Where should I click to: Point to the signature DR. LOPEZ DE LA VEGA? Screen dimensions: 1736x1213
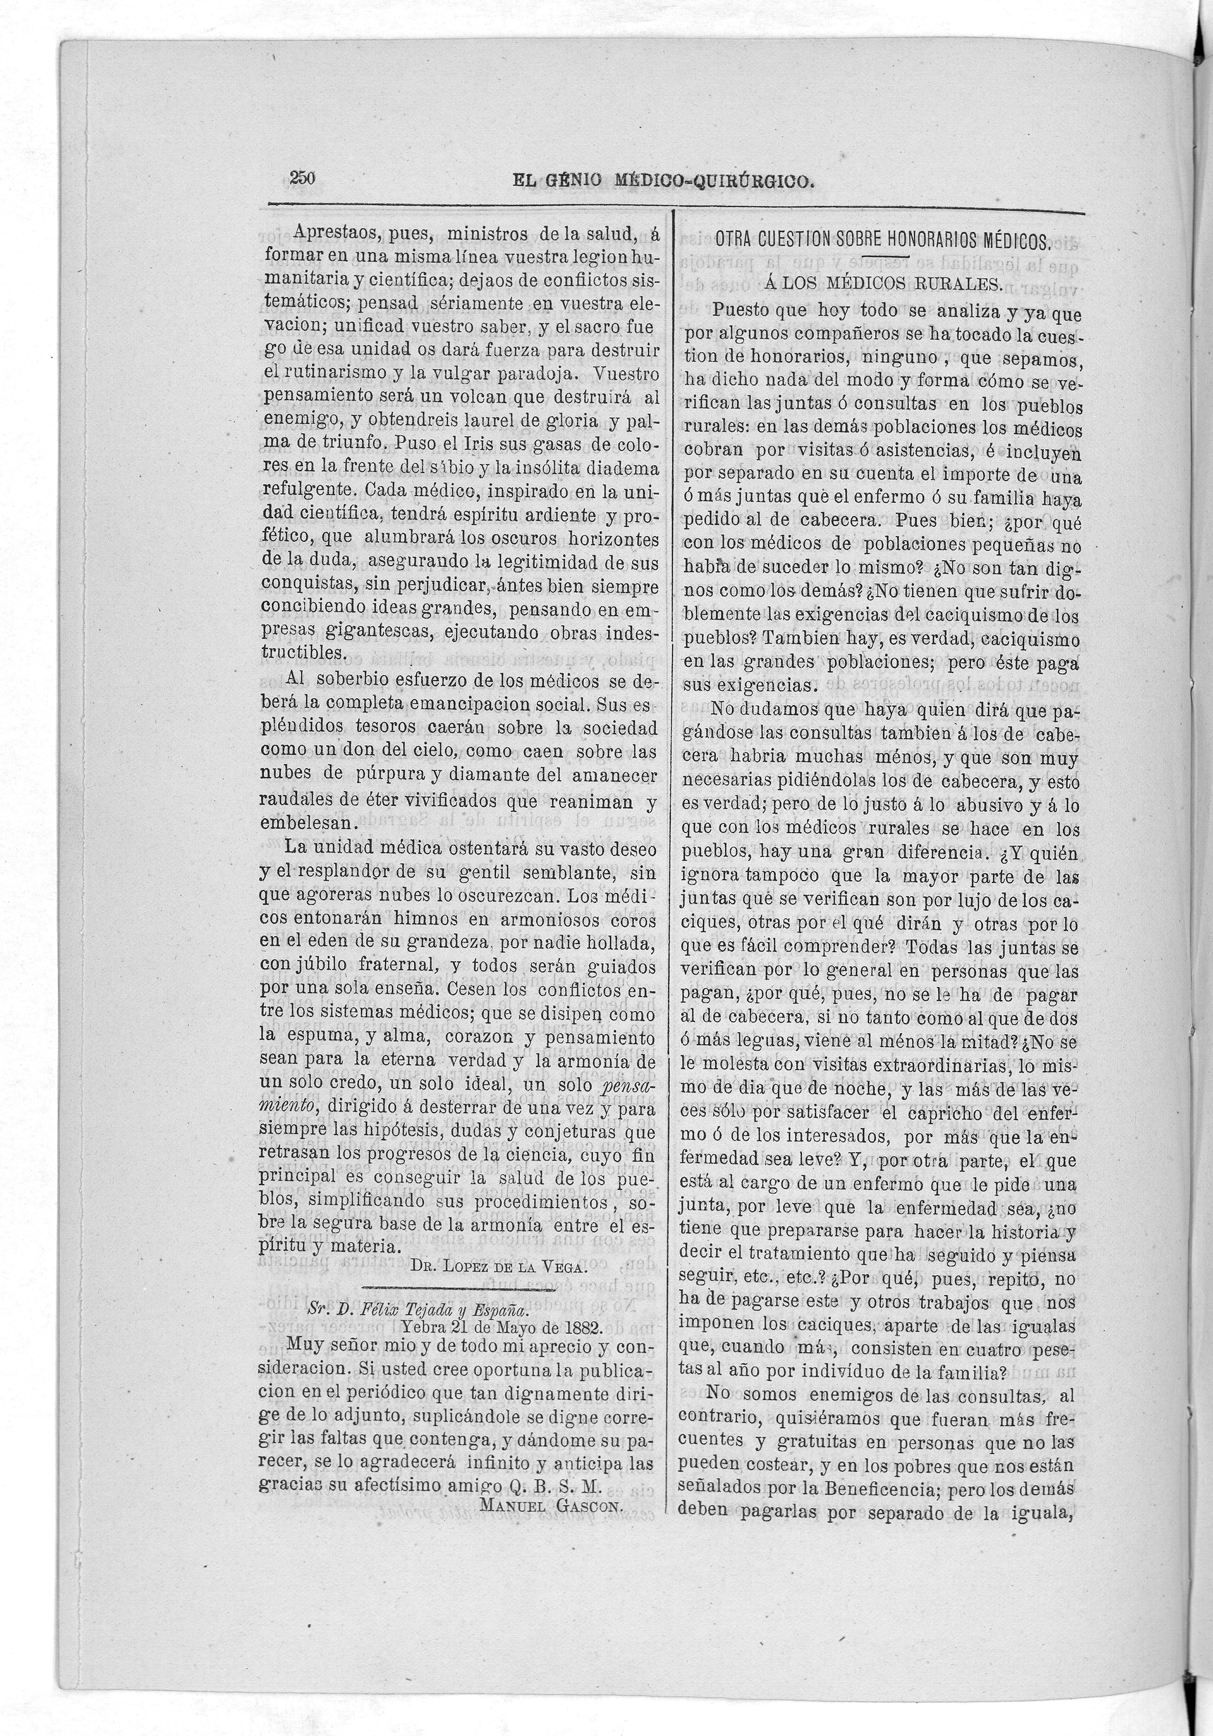499,1268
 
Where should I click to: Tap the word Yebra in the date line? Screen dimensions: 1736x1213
426,1328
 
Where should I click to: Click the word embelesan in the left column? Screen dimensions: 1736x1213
306,823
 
